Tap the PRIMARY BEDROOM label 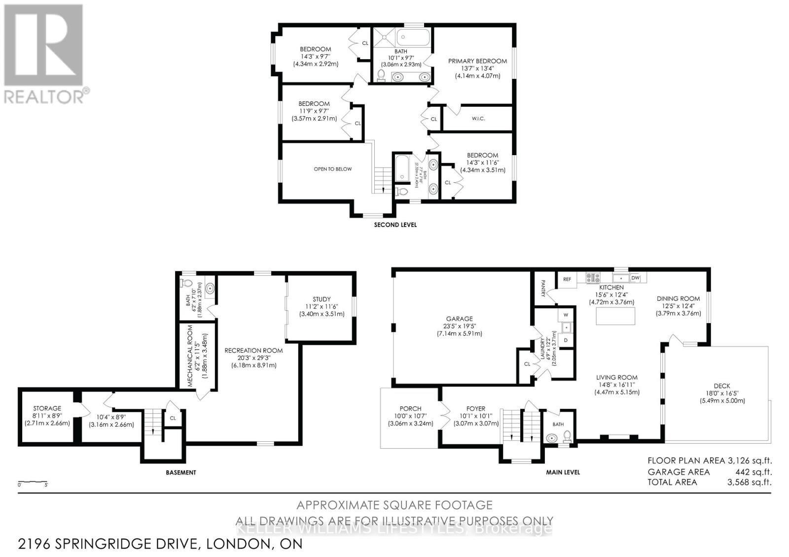pyautogui.click(x=477, y=61)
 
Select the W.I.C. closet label pyautogui.click(x=478, y=119)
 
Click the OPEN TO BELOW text pyautogui.click(x=333, y=169)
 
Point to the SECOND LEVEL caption pyautogui.click(x=395, y=225)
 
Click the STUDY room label pyautogui.click(x=322, y=299)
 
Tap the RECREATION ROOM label pyautogui.click(x=253, y=351)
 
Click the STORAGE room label pyautogui.click(x=47, y=408)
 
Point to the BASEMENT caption pyautogui.click(x=180, y=472)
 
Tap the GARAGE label pyautogui.click(x=460, y=319)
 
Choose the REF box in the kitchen pyautogui.click(x=567, y=279)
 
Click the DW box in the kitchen pyautogui.click(x=635, y=278)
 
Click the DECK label pyautogui.click(x=722, y=386)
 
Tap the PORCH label pyautogui.click(x=410, y=408)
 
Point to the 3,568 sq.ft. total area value pyautogui.click(x=749, y=483)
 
